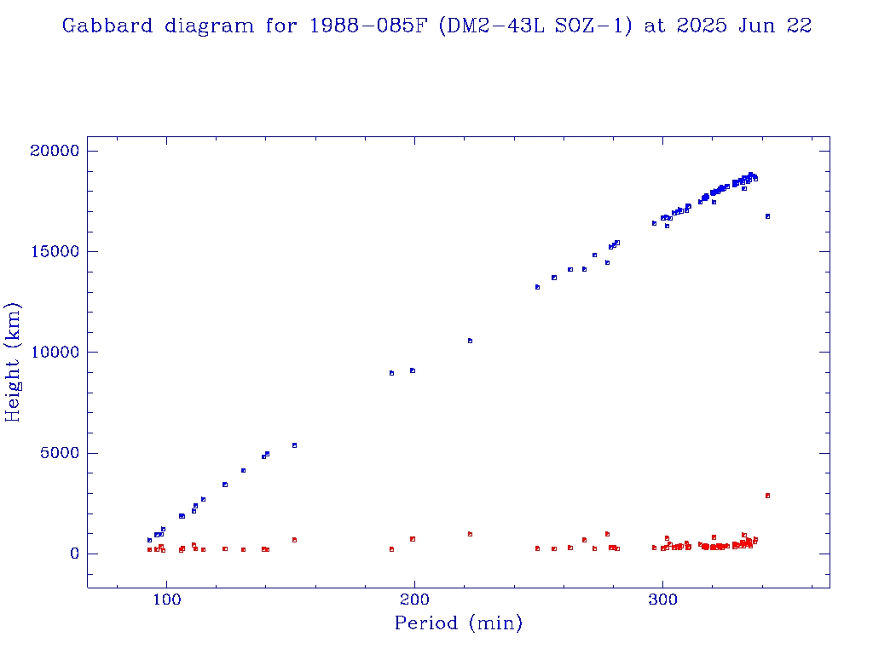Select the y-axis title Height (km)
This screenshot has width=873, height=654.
click(14, 362)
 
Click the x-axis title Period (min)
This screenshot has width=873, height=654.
click(459, 623)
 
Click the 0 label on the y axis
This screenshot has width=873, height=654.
click(73, 554)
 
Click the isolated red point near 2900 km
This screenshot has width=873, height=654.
click(767, 496)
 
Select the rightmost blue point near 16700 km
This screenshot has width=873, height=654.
click(767, 216)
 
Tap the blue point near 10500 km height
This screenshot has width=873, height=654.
click(470, 341)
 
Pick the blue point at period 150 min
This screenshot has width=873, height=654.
click(294, 445)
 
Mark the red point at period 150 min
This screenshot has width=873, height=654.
click(294, 540)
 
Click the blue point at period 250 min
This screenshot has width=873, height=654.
click(537, 287)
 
